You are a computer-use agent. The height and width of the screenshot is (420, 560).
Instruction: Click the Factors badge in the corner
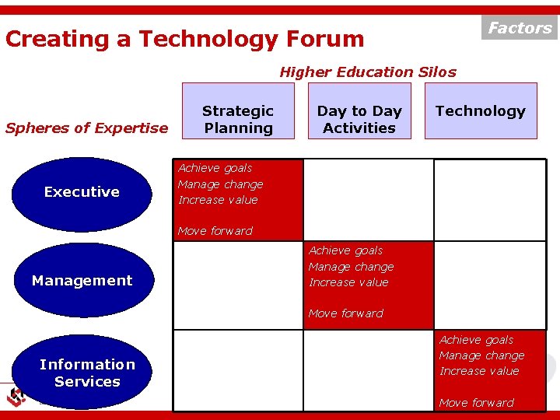(x=520, y=27)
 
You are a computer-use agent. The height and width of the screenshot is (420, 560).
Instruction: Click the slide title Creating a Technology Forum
(x=184, y=39)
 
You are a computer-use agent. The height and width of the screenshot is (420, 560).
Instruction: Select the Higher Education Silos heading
(x=368, y=72)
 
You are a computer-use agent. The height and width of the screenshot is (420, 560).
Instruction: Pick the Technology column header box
(x=481, y=111)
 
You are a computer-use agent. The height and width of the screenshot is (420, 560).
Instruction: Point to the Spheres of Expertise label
(x=86, y=128)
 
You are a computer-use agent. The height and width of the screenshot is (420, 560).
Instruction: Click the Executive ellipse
(x=82, y=192)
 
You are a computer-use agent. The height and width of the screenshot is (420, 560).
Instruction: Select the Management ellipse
(x=82, y=281)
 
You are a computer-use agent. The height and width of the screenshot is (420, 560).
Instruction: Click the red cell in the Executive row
(x=238, y=200)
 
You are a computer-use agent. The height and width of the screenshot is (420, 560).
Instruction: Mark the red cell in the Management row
(x=368, y=284)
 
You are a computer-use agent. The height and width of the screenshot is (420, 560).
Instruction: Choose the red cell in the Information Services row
(x=490, y=369)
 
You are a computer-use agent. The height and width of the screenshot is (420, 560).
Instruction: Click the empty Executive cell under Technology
(x=489, y=200)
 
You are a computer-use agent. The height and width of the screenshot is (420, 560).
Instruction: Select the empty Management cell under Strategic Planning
(x=237, y=284)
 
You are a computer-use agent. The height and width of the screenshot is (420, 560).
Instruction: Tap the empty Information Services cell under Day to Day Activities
(x=368, y=369)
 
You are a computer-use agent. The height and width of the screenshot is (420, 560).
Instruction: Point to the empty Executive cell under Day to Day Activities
(x=368, y=200)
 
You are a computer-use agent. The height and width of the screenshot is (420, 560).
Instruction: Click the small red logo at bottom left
(x=16, y=397)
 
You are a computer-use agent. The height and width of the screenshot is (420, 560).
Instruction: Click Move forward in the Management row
(x=346, y=313)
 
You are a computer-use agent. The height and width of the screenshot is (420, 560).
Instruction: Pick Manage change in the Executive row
(x=220, y=184)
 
